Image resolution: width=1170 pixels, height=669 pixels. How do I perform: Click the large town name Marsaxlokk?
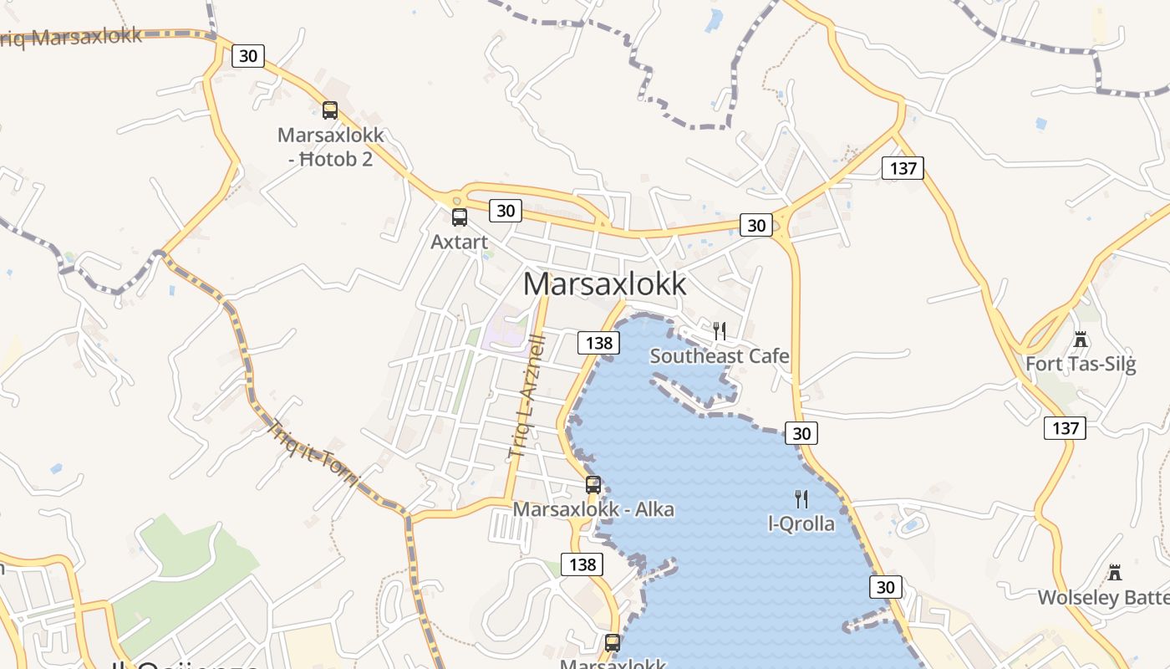604,284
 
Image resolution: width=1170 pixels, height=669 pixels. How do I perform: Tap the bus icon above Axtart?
459,217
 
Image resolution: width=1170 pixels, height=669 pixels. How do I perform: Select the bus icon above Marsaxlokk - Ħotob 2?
330,110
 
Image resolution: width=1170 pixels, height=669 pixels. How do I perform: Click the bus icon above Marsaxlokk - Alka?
593,484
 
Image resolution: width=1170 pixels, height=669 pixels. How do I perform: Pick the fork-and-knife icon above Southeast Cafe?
720,331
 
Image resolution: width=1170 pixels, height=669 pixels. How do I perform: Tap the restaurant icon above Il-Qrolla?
801,499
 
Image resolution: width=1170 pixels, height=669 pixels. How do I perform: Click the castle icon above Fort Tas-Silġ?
1081,340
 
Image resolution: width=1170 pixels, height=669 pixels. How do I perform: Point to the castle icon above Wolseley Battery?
1114,573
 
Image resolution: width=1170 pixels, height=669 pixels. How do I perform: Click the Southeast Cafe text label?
720,356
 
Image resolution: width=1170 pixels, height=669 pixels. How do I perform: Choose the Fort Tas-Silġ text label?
1081,365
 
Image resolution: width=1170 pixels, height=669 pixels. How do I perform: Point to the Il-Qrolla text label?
801,524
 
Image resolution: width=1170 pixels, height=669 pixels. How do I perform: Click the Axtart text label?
459,242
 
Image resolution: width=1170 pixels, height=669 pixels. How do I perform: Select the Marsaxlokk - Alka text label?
593,509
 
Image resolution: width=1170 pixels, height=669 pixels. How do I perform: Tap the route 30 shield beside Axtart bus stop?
506,210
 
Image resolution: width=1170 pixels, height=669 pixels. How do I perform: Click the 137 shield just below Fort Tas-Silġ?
1065,428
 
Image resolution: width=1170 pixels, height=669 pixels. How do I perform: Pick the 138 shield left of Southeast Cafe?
598,342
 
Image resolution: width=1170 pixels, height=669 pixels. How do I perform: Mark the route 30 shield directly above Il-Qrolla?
801,433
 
